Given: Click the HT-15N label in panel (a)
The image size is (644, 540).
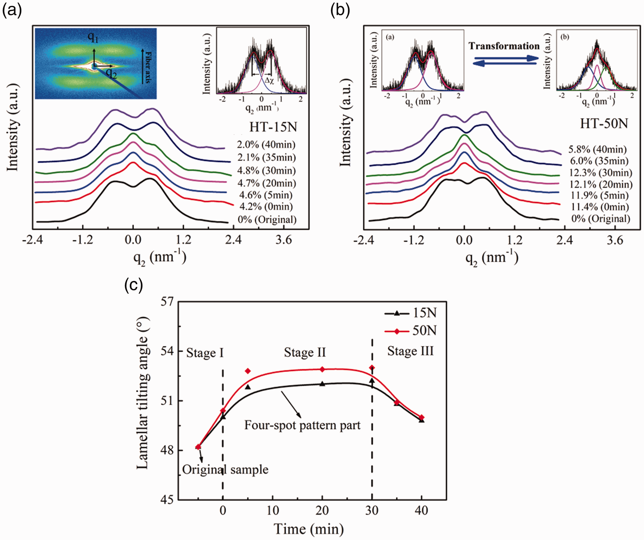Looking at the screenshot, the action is [x=273, y=127].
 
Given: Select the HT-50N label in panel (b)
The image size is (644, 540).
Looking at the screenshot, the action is [x=604, y=124].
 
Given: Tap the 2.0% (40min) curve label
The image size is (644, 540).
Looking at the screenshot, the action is [x=266, y=145].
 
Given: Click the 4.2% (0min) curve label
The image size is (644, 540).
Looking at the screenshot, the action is [x=266, y=206].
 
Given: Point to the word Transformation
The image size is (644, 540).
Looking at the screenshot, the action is [x=504, y=46].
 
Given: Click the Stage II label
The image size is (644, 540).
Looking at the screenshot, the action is [x=305, y=352].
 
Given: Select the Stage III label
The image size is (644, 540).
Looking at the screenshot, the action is [x=410, y=351].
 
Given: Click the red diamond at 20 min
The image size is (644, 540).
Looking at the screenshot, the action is [x=322, y=369].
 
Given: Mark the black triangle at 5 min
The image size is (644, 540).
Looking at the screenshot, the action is [x=248, y=387].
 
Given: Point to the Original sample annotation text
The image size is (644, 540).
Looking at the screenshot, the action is [x=225, y=470].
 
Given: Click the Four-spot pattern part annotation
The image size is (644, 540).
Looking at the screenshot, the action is [x=302, y=425].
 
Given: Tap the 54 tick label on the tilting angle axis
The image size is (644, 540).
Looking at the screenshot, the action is [x=167, y=351].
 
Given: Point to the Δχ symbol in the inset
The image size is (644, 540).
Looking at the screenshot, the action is [x=269, y=81].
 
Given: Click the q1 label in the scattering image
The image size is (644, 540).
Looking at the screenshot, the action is [x=93, y=37].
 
